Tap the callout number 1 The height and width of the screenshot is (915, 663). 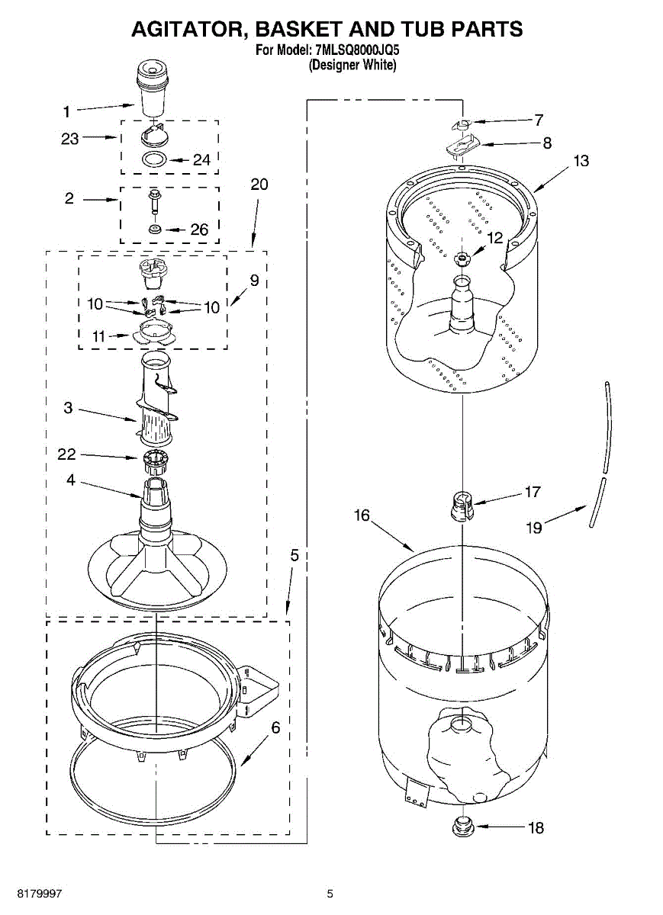[x=66, y=112]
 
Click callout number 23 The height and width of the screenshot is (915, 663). [x=70, y=139]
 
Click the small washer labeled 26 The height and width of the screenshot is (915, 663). [x=155, y=229]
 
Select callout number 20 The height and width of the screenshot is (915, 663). [x=259, y=185]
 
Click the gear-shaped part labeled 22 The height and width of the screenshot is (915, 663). [x=156, y=458]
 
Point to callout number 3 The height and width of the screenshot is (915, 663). [x=68, y=408]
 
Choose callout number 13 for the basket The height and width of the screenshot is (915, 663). [x=581, y=162]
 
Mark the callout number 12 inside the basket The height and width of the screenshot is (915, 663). [x=495, y=238]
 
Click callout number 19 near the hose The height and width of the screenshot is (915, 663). [x=534, y=527]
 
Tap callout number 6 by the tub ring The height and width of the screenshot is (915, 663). [x=275, y=727]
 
